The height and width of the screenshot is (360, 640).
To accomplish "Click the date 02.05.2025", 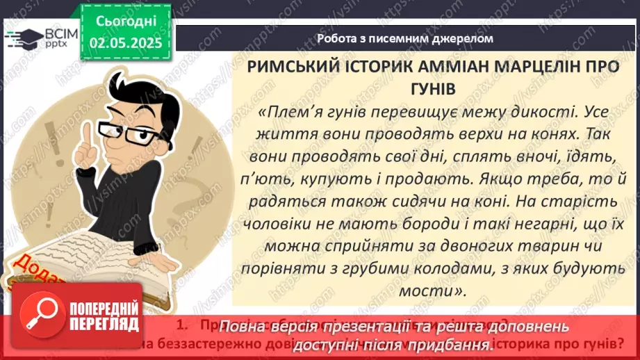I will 126,43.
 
